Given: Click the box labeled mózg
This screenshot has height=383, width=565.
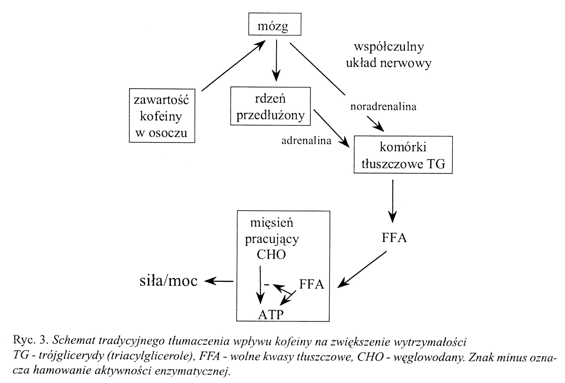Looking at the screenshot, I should point(274,25).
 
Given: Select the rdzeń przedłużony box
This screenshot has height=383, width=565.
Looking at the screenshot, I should point(270,107).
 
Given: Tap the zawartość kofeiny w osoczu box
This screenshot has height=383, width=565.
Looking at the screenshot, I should point(162,116).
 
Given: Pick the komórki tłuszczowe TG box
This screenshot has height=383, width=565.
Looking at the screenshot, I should point(403,155).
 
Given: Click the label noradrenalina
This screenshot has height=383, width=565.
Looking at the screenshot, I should point(383,107).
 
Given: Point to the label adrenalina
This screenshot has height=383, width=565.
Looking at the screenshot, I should point(306,140).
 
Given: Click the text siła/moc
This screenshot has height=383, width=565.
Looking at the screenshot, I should point(168,281).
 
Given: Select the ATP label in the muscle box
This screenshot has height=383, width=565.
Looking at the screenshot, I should point(271,314).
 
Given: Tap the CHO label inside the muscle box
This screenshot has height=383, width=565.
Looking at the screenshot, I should point(271,255).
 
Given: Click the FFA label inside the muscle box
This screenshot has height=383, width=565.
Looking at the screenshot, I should point(312,285).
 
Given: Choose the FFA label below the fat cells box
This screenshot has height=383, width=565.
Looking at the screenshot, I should point(394,238).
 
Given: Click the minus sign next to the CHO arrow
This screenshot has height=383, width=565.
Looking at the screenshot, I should point(266,285).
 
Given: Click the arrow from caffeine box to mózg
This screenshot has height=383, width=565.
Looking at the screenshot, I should point(233,66).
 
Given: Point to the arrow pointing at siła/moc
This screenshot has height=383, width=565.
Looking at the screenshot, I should point(219,281).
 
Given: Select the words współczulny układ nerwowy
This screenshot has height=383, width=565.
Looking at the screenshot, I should point(388,55).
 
